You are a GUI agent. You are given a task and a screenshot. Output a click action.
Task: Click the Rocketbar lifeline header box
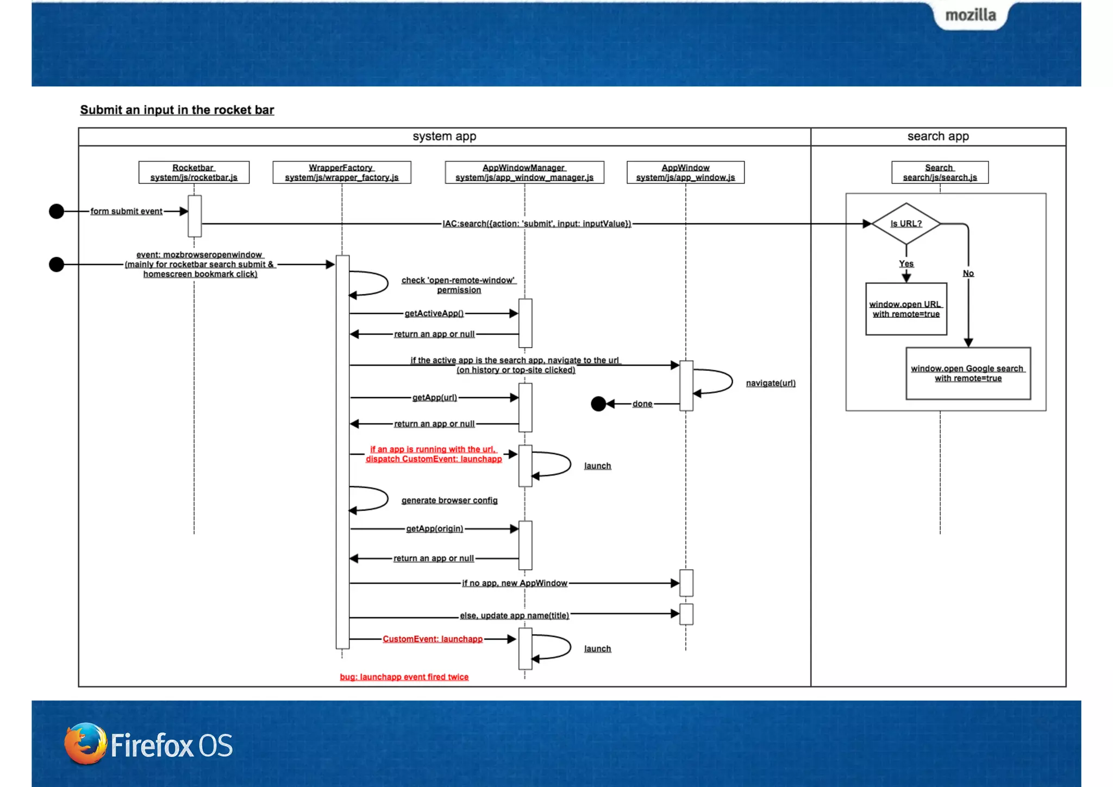(x=193, y=172)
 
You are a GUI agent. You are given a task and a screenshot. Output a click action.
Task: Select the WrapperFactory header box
(x=341, y=172)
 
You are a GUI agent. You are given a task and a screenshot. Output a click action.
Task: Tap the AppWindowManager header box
(x=524, y=172)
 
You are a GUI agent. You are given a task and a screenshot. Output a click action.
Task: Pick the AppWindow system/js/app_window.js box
(x=685, y=172)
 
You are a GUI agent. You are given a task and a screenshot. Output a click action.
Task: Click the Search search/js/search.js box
(x=940, y=172)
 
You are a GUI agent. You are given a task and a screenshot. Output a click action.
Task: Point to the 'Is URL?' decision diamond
(x=906, y=224)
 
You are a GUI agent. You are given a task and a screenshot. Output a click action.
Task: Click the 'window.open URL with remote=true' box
(x=906, y=309)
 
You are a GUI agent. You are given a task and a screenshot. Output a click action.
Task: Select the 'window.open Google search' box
(x=968, y=373)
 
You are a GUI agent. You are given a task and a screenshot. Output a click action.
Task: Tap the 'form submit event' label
(x=126, y=211)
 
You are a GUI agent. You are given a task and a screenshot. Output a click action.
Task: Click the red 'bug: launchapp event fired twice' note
(x=404, y=677)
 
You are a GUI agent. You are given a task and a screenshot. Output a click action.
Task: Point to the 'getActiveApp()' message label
(x=434, y=313)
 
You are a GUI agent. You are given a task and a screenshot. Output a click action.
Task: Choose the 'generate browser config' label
(x=449, y=500)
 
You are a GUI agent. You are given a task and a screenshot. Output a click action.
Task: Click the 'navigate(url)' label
(x=770, y=383)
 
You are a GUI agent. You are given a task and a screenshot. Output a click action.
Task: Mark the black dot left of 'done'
(x=598, y=404)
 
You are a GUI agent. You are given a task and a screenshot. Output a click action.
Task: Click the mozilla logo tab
(x=971, y=15)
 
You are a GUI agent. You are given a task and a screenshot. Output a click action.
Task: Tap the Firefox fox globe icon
(x=85, y=743)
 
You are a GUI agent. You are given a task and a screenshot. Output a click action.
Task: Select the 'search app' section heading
(x=938, y=137)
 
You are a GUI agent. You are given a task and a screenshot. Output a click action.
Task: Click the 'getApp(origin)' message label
(x=434, y=529)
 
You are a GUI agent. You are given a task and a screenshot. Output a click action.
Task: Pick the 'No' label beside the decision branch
(x=968, y=273)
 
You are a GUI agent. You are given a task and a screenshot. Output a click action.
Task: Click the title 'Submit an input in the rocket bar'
(x=177, y=110)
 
